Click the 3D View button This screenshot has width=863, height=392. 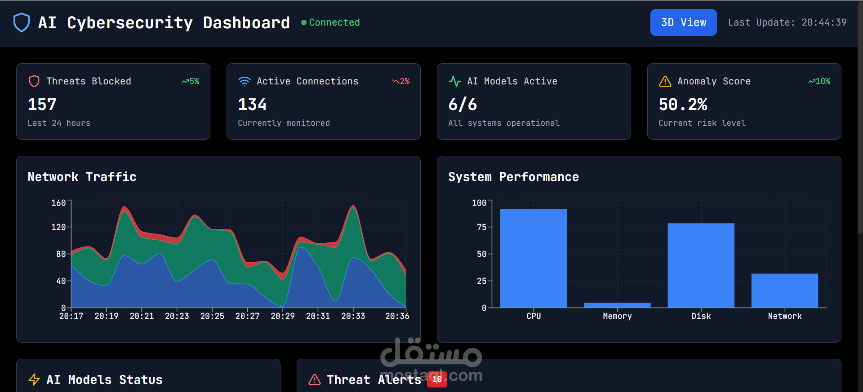pos(683,22)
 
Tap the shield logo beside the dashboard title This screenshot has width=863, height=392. pos(22,22)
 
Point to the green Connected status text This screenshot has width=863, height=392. pos(334,22)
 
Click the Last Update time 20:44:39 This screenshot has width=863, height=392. pos(824,22)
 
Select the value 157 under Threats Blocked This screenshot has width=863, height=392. pos(42,105)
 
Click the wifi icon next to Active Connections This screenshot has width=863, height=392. pos(245,81)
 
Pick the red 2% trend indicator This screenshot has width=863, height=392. pos(401,81)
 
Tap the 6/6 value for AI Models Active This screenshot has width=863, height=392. pos(463,105)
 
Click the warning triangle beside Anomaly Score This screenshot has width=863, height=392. pos(665,81)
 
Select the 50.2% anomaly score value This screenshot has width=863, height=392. pos(683,105)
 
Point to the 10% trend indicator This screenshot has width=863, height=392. pos(819,81)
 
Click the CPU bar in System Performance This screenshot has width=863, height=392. pos(534,258)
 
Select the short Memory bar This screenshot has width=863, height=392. pos(617,305)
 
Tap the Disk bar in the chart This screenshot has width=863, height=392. pos(701,265)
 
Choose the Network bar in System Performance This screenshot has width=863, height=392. pos(785,291)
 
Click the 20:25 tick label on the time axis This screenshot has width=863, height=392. pos(212,316)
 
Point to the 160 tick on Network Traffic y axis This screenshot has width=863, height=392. pos(58,203)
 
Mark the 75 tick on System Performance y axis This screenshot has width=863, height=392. pos(481,227)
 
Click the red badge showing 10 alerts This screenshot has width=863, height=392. pos(437,379)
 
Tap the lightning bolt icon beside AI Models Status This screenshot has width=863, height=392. pos(34,379)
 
